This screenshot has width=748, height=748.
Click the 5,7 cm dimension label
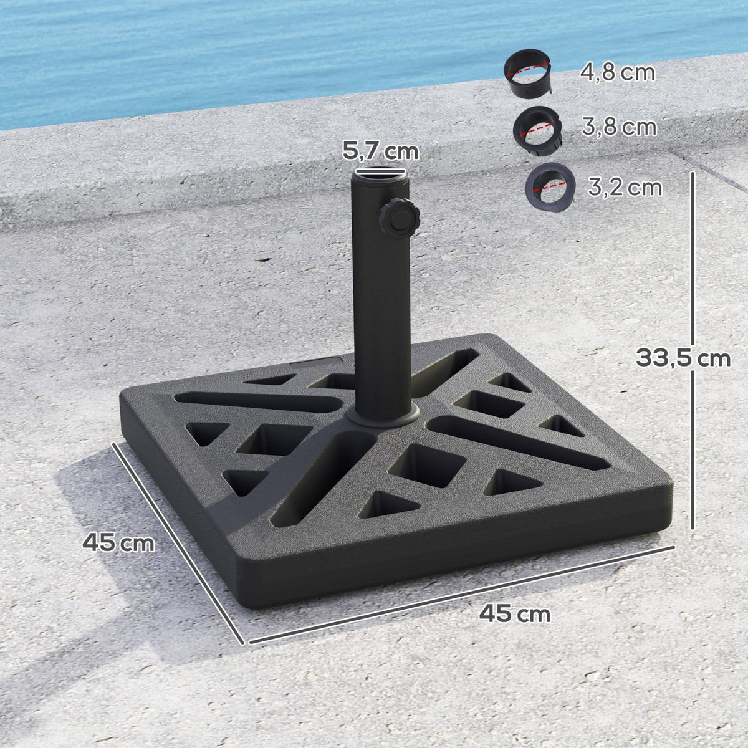380,151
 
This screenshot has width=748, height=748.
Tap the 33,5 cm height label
683,358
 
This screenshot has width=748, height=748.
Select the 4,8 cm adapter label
618,73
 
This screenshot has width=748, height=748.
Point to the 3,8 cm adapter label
619,127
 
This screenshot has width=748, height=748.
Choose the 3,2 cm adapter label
625,187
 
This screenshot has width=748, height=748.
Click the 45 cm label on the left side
118,542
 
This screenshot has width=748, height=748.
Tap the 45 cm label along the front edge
515,614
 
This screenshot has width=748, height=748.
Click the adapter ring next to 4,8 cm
530,75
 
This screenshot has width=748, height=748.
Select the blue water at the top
249,50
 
